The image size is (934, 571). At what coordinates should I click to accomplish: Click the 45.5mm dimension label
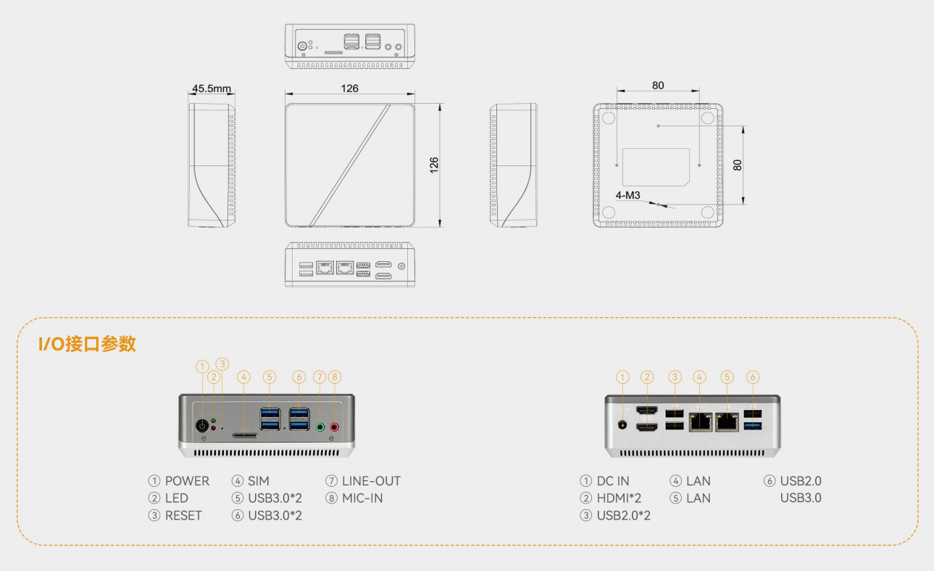click(x=211, y=89)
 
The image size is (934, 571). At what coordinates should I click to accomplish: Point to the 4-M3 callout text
click(x=627, y=195)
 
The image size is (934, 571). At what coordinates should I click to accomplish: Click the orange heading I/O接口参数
click(x=87, y=345)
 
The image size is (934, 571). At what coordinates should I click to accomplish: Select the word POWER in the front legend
click(x=187, y=481)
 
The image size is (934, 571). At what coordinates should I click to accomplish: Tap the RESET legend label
click(x=183, y=516)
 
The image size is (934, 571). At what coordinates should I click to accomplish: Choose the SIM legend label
click(x=259, y=481)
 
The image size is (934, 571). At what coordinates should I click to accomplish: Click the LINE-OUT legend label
click(x=371, y=481)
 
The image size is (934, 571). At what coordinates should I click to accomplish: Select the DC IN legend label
click(x=613, y=481)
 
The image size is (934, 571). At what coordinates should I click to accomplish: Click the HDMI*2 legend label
click(x=619, y=498)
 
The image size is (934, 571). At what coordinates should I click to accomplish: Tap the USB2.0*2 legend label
click(x=623, y=516)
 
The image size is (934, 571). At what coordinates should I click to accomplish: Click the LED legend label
click(x=176, y=498)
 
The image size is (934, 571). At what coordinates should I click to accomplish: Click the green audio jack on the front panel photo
click(x=320, y=427)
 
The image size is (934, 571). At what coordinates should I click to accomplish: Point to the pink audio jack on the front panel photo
click(x=335, y=427)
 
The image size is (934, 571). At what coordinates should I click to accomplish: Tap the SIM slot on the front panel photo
click(x=244, y=435)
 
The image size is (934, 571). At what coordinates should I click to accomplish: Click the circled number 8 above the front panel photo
click(x=334, y=377)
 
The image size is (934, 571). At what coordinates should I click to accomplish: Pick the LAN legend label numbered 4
click(x=699, y=481)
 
